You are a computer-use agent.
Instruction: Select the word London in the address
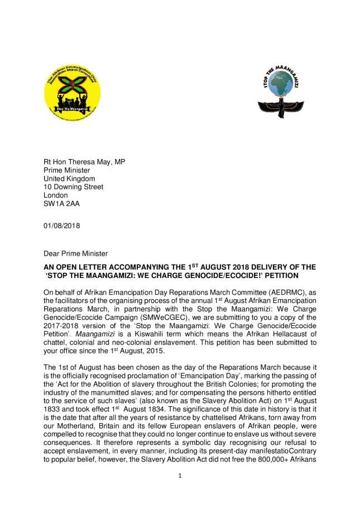[x=56, y=195]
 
